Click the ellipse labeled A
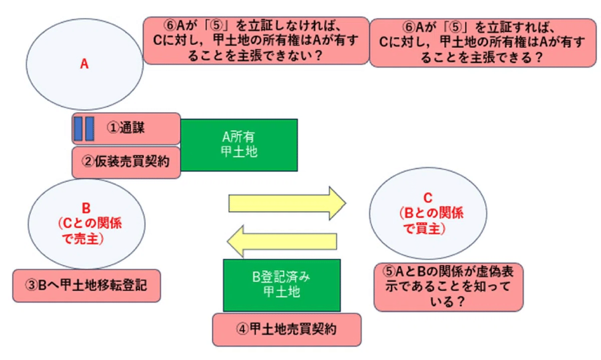[x=85, y=64]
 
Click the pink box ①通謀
[x=126, y=129]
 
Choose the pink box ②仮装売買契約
[x=126, y=162]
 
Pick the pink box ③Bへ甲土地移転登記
[x=87, y=286]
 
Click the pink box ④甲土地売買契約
[x=286, y=329]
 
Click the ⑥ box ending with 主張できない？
[x=255, y=41]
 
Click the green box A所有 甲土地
[x=239, y=145]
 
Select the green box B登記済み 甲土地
[x=282, y=285]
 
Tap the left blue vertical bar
[x=78, y=128]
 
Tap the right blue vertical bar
[x=89, y=128]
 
